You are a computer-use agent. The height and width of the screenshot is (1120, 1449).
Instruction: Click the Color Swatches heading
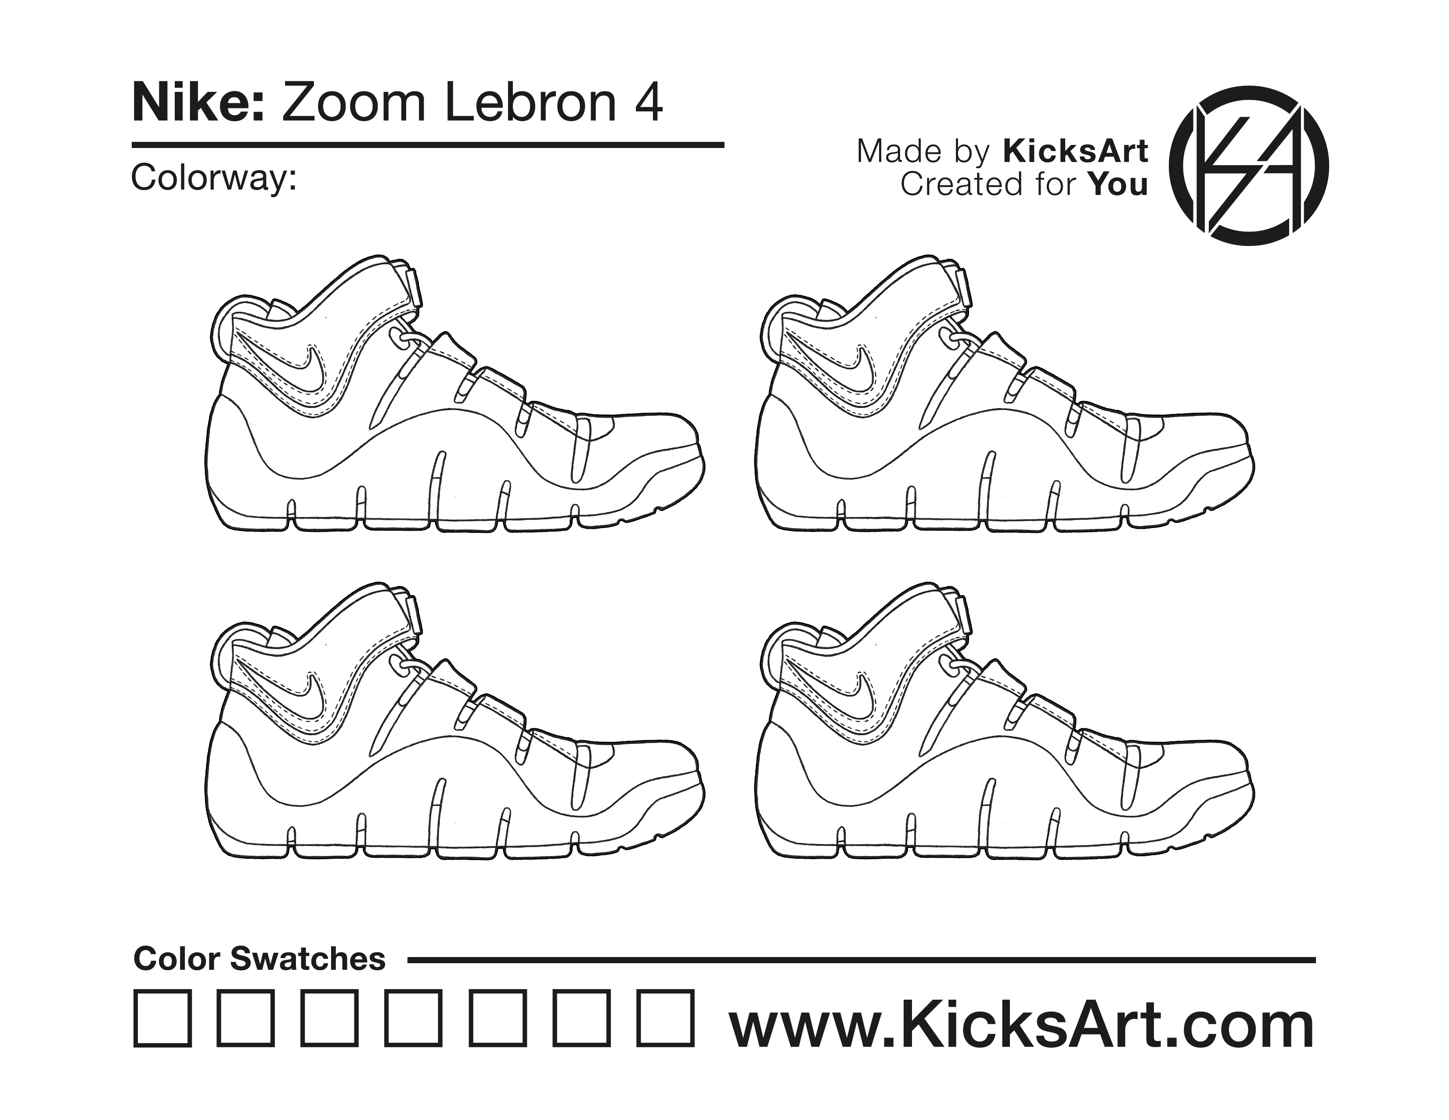click(x=260, y=959)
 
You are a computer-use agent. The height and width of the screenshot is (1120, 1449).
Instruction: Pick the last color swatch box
click(x=666, y=1019)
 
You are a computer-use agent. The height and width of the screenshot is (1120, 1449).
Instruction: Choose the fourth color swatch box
click(x=414, y=1019)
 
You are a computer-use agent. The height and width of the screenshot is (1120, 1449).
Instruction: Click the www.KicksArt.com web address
click(x=1022, y=1025)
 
